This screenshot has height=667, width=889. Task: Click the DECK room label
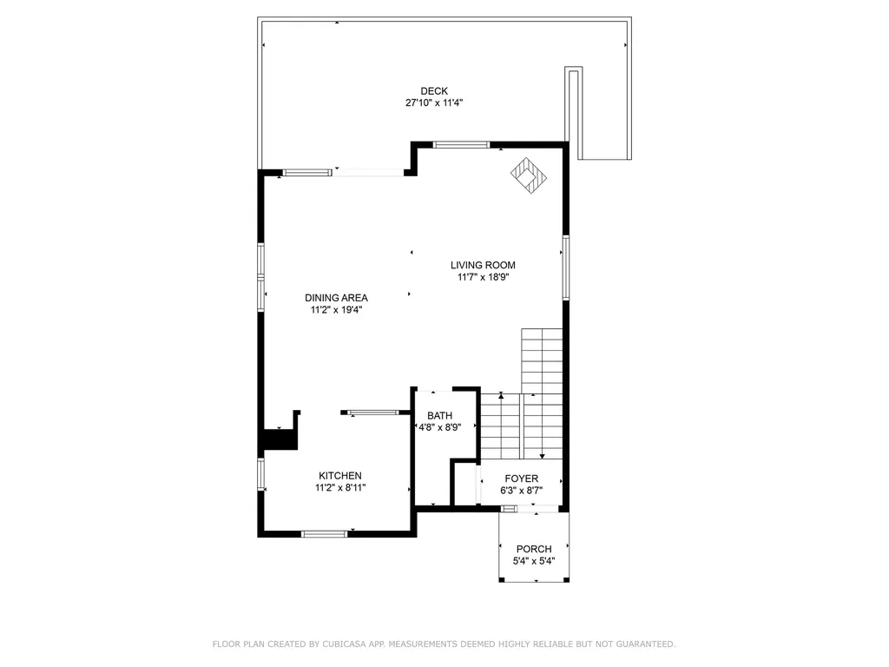click(x=434, y=91)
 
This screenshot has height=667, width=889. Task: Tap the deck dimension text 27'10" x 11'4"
click(x=434, y=103)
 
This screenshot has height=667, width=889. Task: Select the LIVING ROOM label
click(x=483, y=266)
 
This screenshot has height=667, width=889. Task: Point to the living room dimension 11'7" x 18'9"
click(x=483, y=278)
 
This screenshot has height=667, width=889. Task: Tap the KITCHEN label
click(x=340, y=476)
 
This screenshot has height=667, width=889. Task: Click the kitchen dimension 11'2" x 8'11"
click(x=340, y=488)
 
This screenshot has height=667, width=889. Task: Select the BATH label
click(x=439, y=415)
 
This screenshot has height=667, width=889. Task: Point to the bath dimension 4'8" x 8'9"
click(x=439, y=427)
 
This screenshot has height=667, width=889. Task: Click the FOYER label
click(x=521, y=479)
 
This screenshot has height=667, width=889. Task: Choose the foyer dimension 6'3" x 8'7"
click(x=521, y=491)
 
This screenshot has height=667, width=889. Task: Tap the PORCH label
click(x=534, y=549)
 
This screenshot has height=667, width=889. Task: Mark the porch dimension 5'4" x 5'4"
click(x=534, y=561)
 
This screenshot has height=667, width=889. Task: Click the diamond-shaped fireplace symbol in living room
click(x=529, y=176)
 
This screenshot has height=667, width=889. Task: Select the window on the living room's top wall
click(x=462, y=145)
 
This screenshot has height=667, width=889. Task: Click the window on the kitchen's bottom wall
click(x=324, y=533)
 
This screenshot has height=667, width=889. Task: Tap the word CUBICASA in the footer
click(x=343, y=644)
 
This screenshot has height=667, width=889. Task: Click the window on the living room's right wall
click(x=565, y=267)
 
